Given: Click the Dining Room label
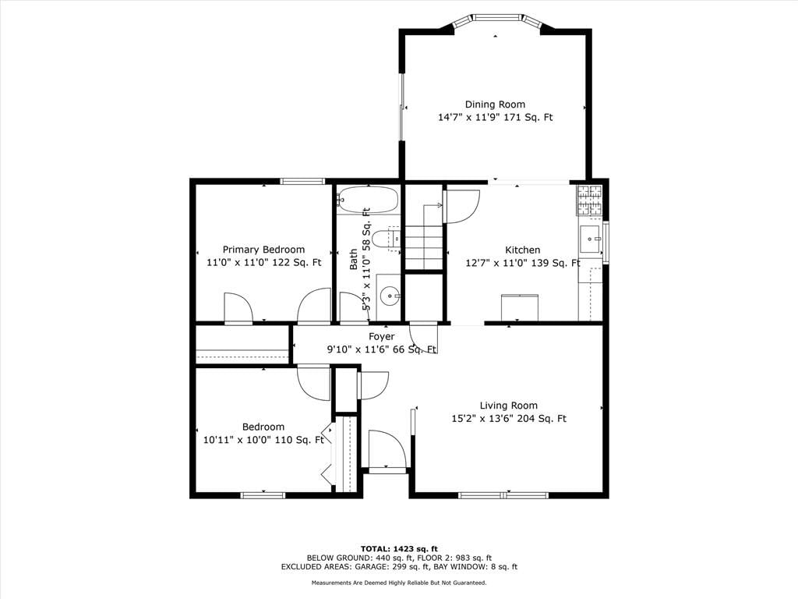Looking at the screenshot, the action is [495, 105].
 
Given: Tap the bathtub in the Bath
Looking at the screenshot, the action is [368, 200].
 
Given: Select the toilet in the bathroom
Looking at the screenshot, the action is [386, 239].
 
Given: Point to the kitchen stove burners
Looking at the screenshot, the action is [589, 200].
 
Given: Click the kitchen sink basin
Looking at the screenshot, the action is [591, 238].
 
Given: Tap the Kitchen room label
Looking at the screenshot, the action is [523, 250].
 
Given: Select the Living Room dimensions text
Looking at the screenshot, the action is [509, 419].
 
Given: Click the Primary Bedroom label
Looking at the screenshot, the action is [263, 250].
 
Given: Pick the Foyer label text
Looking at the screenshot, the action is [382, 337].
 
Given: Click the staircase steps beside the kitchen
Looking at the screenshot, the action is [423, 245].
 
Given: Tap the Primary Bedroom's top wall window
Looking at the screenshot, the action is [302, 181].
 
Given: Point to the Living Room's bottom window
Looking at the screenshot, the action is [504, 494].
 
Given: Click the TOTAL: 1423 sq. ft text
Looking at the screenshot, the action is [399, 549].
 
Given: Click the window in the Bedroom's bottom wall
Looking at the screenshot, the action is [263, 494].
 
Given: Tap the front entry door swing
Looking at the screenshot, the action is [387, 449].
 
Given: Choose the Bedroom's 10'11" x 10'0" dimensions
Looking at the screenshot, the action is [263, 440].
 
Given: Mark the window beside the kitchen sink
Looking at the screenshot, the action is [606, 242].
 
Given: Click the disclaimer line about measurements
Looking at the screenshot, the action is [399, 583].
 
